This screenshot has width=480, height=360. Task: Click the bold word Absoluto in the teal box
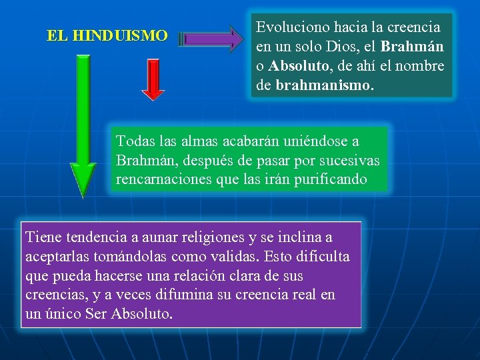[x=296, y=67]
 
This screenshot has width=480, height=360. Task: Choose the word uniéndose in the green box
[x=318, y=141]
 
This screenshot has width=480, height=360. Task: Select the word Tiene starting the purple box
[x=43, y=237]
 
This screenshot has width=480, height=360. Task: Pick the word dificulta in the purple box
[x=323, y=257]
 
